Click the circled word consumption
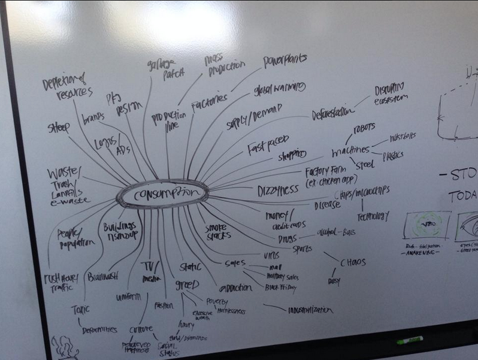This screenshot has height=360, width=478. tap(162, 193)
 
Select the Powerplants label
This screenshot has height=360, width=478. tap(285, 60)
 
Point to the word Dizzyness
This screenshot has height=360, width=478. tap(277, 190)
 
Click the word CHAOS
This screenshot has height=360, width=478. tap(353, 262)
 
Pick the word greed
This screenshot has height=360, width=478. tap(187, 284)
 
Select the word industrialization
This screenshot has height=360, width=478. tap(309, 310)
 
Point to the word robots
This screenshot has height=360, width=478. tap(365, 128)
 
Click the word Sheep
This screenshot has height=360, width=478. tap(59, 127)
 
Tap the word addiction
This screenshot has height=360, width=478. tap(235, 288)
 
